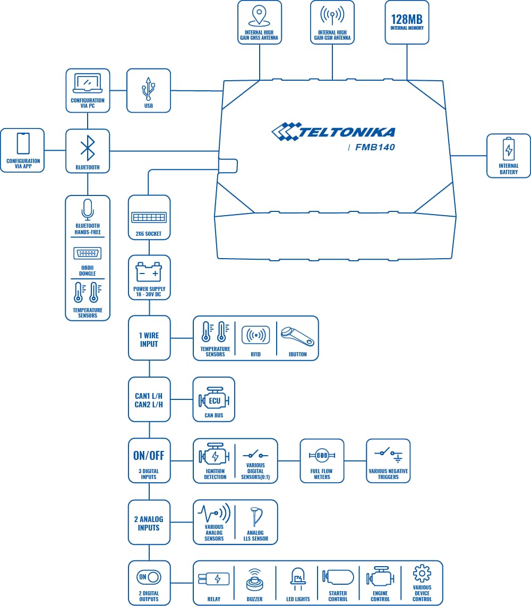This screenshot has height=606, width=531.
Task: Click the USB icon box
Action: (149, 90)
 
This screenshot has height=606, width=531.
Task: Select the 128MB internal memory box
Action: (407, 22)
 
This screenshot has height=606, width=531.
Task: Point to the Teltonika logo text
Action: (333, 132)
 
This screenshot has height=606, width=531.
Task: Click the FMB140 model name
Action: (375, 148)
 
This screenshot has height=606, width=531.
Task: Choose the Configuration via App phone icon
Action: (23, 143)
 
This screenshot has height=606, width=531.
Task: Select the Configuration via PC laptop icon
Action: (88, 83)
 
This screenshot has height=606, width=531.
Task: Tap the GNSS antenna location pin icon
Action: (259, 15)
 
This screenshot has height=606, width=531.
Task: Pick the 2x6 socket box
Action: (149, 217)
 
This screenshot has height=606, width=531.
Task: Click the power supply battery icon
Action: (149, 273)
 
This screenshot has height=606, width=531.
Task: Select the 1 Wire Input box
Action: (149, 338)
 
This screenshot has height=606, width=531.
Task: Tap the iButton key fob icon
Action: (297, 335)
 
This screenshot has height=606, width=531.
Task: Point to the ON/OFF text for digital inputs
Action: (149, 456)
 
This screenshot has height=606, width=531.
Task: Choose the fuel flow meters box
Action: (322, 460)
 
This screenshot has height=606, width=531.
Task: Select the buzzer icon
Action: (255, 579)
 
